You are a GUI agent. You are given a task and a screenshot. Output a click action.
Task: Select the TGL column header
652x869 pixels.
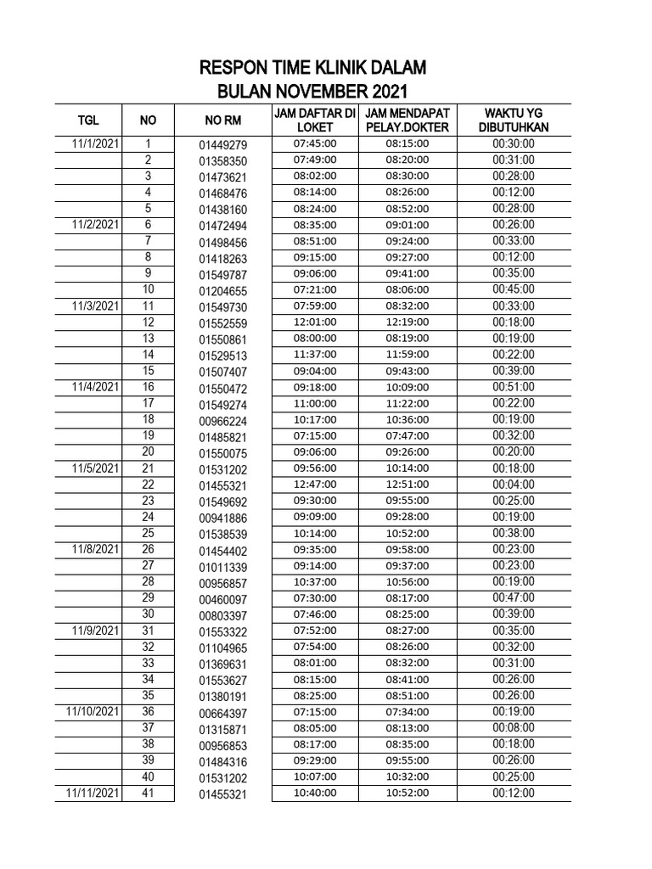coord(88,121)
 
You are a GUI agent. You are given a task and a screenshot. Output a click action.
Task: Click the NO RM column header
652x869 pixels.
coord(222,121)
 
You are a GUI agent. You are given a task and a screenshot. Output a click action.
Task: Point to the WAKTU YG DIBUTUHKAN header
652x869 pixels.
coord(514,120)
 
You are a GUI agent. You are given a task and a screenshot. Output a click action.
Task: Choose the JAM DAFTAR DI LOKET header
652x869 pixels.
coord(314,120)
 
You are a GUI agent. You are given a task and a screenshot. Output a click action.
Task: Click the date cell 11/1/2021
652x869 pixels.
coord(95,144)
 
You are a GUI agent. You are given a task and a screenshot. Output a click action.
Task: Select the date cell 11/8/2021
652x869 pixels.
coord(95,550)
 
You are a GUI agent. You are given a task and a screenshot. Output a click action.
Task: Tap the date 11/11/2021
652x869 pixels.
coord(92,793)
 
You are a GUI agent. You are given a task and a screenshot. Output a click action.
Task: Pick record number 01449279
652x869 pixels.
coord(222,145)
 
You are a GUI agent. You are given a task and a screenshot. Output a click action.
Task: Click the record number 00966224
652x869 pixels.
coord(222,421)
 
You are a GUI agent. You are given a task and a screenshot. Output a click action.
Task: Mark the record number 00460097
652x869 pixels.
coord(222,599)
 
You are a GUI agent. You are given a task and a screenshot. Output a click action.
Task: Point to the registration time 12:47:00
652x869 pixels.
coord(315,485)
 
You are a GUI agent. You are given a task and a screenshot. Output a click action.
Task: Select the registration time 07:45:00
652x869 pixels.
coord(315,144)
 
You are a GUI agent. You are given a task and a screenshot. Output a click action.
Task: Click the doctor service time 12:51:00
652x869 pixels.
coord(407,485)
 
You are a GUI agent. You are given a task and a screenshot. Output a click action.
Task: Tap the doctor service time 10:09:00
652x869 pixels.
coord(407,388)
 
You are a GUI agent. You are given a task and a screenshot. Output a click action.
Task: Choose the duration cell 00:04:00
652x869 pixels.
coord(513,485)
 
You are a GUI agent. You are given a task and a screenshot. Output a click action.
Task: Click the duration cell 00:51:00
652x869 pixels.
coord(513,388)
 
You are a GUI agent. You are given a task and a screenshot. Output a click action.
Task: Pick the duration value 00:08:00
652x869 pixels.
coord(513,728)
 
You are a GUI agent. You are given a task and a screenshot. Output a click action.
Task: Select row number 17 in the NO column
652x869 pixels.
coord(148,403)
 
